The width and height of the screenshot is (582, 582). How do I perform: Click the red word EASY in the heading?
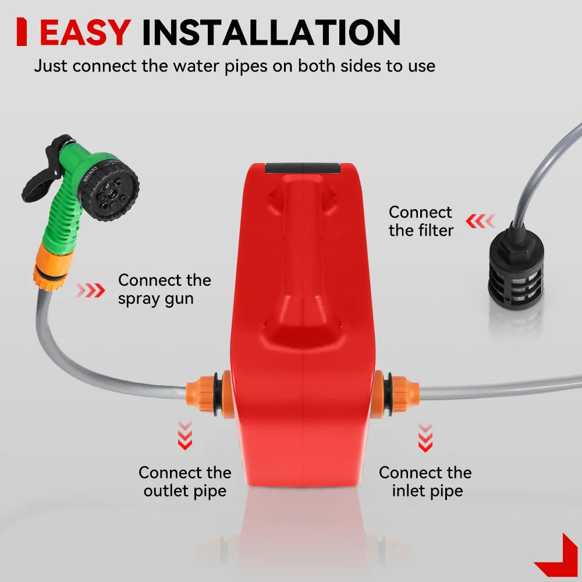85,32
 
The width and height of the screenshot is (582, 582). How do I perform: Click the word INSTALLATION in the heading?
271,32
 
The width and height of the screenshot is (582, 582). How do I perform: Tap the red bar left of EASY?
22,32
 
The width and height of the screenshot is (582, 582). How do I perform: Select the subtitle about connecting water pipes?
235,66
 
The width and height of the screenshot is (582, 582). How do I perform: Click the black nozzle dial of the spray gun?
110,189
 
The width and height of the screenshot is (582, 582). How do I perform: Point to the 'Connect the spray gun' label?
165,289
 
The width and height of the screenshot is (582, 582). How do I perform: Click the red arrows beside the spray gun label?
90,290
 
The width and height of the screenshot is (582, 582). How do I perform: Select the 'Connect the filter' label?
421,221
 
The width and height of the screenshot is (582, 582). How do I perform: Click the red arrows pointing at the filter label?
480,221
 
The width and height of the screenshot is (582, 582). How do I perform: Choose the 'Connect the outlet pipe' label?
185,482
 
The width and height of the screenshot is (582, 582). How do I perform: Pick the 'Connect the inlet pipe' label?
425,482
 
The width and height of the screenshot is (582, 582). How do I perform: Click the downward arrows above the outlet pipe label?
185,435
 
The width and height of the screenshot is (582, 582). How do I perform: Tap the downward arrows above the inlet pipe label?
425,437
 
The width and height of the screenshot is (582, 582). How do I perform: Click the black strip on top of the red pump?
302,168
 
